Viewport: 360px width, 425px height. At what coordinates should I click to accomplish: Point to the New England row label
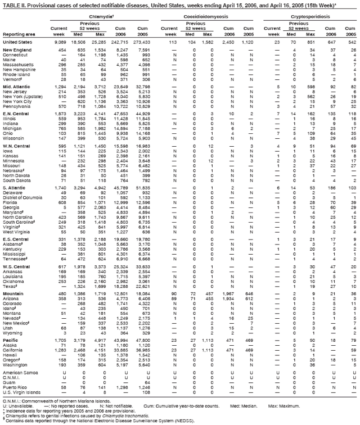[x=16, y=49]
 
